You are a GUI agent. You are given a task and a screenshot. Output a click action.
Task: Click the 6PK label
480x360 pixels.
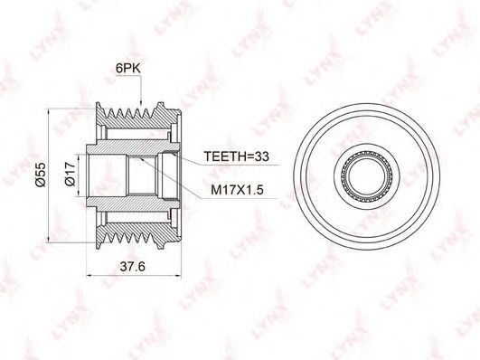click(x=128, y=69)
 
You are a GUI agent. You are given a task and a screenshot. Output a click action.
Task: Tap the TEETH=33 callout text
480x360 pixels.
click(x=236, y=156)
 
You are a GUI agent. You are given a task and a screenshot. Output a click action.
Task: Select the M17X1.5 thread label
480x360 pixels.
click(x=237, y=190)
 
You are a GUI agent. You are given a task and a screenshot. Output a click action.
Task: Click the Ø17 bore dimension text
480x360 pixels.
click(x=71, y=174)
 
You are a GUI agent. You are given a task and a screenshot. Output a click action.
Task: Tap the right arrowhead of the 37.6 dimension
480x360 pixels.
click(x=177, y=276)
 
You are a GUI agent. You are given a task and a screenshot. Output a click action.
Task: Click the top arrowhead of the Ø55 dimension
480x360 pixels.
click(x=49, y=112)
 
